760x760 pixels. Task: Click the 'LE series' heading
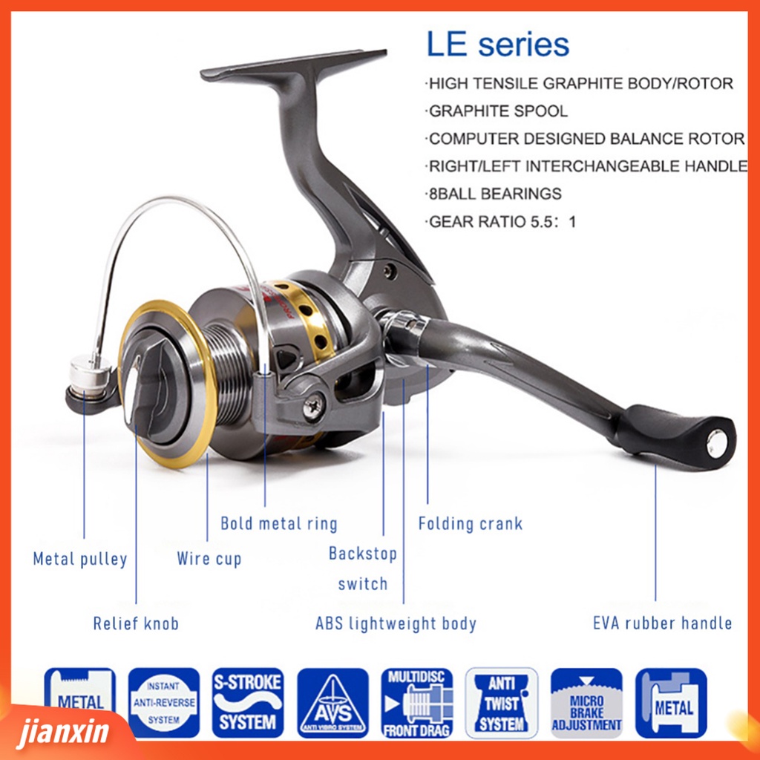pyautogui.click(x=497, y=45)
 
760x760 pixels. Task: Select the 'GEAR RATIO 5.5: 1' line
pyautogui.click(x=502, y=221)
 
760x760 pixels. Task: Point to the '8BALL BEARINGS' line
pyautogui.click(x=494, y=194)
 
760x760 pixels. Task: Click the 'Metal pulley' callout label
pyautogui.click(x=80, y=559)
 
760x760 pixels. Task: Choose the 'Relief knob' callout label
pyautogui.click(x=136, y=623)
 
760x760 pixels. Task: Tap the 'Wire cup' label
pyautogui.click(x=209, y=559)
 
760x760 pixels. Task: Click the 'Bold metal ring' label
pyautogui.click(x=279, y=524)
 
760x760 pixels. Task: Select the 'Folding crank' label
pyautogui.click(x=471, y=524)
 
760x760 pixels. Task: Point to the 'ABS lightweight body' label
pyautogui.click(x=396, y=623)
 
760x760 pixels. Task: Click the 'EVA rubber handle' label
pyautogui.click(x=663, y=623)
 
